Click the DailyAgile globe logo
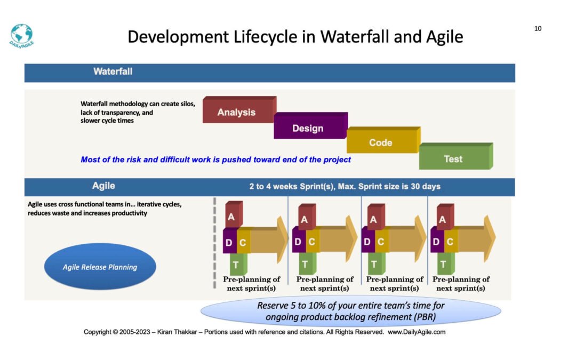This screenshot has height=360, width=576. click(22, 36)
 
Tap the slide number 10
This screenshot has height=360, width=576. click(538, 29)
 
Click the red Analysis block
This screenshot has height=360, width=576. click(239, 110)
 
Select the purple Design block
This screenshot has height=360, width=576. click(311, 126)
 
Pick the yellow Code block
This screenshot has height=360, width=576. click(383, 140)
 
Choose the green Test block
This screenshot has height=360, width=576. click(456, 156)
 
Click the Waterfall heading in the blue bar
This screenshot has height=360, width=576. click(113, 71)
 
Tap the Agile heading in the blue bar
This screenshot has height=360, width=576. click(103, 186)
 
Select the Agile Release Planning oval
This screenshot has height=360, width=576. click(100, 267)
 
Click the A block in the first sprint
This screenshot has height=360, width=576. click(233, 215)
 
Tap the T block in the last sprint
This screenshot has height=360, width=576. click(445, 263)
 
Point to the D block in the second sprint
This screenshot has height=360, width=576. click(298, 241)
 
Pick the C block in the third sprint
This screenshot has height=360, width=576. click(382, 241)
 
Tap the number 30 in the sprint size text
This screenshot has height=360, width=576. click(415, 186)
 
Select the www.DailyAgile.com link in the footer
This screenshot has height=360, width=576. click(417, 332)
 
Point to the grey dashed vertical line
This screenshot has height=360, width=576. click(215, 243)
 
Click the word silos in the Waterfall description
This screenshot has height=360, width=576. click(187, 104)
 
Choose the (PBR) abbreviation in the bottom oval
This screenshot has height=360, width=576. click(425, 317)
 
